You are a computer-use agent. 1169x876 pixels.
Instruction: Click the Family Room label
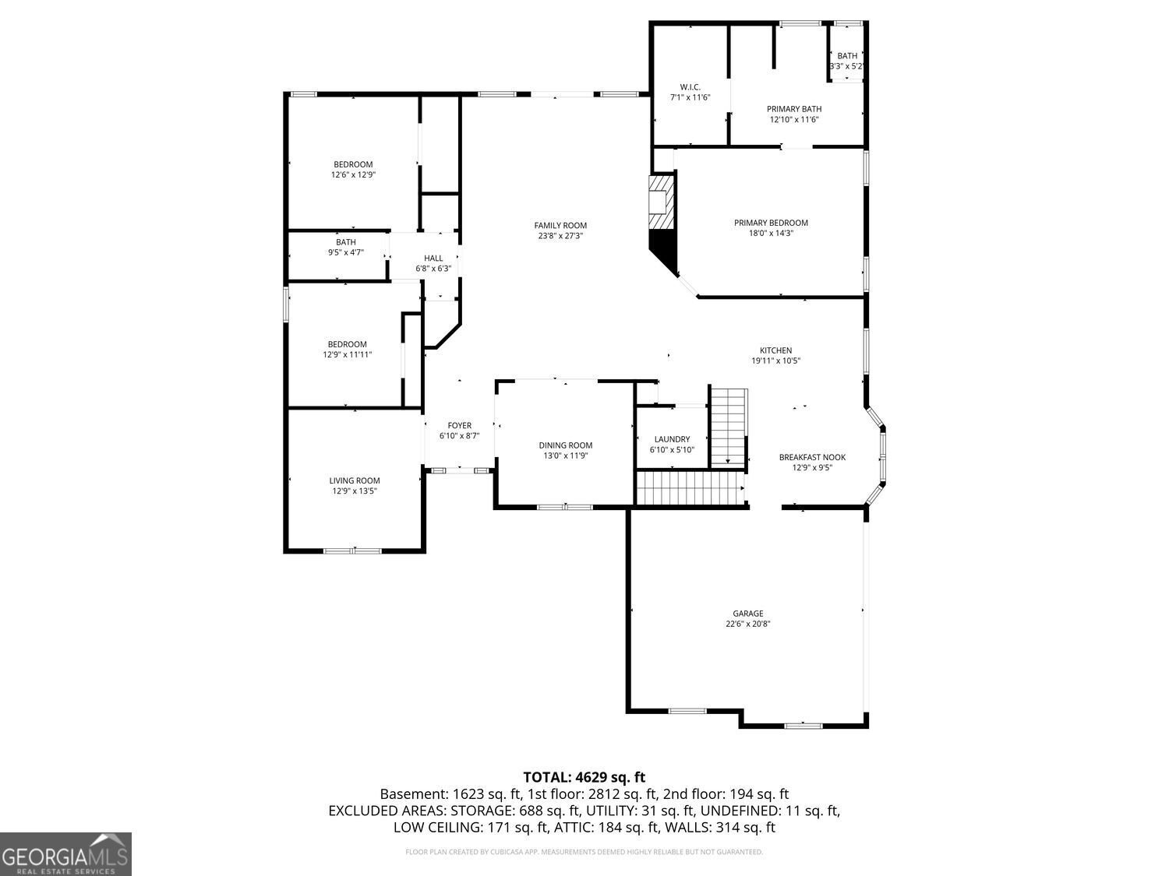560,226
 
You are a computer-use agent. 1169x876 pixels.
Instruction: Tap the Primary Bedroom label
771,223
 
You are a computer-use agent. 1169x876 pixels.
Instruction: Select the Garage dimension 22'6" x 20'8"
747,624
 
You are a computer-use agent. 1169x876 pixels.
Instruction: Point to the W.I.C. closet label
690,86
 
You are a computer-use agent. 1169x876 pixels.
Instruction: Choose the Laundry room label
671,439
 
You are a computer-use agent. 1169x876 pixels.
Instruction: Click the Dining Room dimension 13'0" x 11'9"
565,456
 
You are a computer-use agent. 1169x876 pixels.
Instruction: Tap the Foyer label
459,425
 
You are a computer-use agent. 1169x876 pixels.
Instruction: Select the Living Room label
354,480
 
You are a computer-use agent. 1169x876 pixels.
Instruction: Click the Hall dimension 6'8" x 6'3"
433,269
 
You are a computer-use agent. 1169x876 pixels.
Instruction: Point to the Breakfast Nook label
812,457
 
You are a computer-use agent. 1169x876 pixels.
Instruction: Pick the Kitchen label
775,350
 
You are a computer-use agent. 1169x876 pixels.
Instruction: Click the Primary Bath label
793,109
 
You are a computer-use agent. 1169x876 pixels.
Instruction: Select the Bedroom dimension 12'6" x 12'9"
353,175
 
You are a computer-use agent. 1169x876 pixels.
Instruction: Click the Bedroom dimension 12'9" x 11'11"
347,355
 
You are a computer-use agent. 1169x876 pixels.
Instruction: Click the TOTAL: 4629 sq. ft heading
584,776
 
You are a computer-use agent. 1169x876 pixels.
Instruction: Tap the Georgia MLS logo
65,854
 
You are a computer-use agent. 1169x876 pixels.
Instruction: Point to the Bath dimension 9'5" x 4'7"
345,252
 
